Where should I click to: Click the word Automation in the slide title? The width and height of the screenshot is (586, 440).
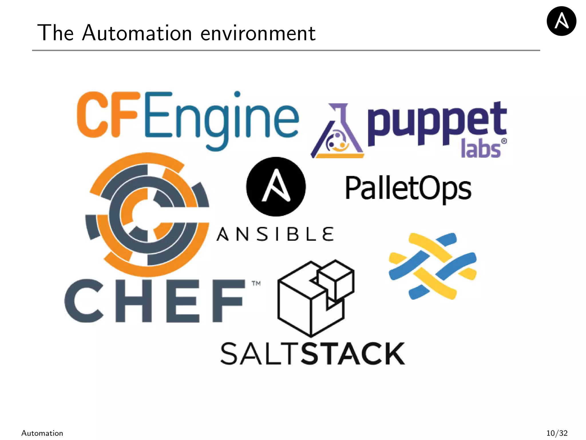[137, 33]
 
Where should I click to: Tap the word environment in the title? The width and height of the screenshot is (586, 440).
[258, 34]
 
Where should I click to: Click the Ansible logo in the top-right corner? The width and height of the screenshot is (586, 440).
[561, 21]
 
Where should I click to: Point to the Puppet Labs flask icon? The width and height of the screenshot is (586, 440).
[338, 132]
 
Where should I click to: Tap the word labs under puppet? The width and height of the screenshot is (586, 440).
[481, 149]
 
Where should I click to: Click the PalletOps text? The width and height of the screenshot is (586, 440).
[408, 188]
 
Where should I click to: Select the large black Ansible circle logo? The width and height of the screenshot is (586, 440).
[276, 186]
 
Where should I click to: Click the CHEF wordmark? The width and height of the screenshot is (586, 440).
[155, 301]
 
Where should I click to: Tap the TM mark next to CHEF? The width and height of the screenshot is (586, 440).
[256, 284]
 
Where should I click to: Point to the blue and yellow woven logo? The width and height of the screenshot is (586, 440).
[432, 266]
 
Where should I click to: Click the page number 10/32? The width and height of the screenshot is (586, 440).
[557, 433]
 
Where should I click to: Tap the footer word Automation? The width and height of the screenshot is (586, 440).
[42, 433]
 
